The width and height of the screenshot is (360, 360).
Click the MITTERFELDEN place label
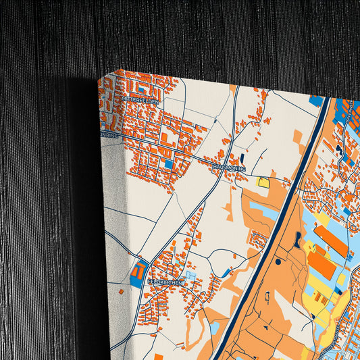coord(140,100)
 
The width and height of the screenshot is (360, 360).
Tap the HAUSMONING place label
coord(228,168)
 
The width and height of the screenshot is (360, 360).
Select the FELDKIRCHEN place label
coord(165,281)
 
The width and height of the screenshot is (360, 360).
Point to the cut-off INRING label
coord(109,134)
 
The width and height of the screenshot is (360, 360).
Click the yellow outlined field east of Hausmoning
coord(263,181)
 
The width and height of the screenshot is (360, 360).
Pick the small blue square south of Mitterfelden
coord(168,164)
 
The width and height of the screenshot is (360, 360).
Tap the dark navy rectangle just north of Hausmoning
coord(241,158)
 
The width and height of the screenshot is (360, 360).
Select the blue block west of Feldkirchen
coord(138,274)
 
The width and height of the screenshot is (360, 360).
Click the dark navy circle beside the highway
coord(278,261)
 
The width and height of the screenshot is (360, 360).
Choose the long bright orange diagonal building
coord(331,240)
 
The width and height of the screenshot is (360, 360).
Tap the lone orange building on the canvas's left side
coord(120,291)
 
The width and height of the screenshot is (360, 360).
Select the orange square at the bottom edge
coord(158,356)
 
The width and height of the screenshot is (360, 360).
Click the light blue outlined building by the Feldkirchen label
coord(190,276)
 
